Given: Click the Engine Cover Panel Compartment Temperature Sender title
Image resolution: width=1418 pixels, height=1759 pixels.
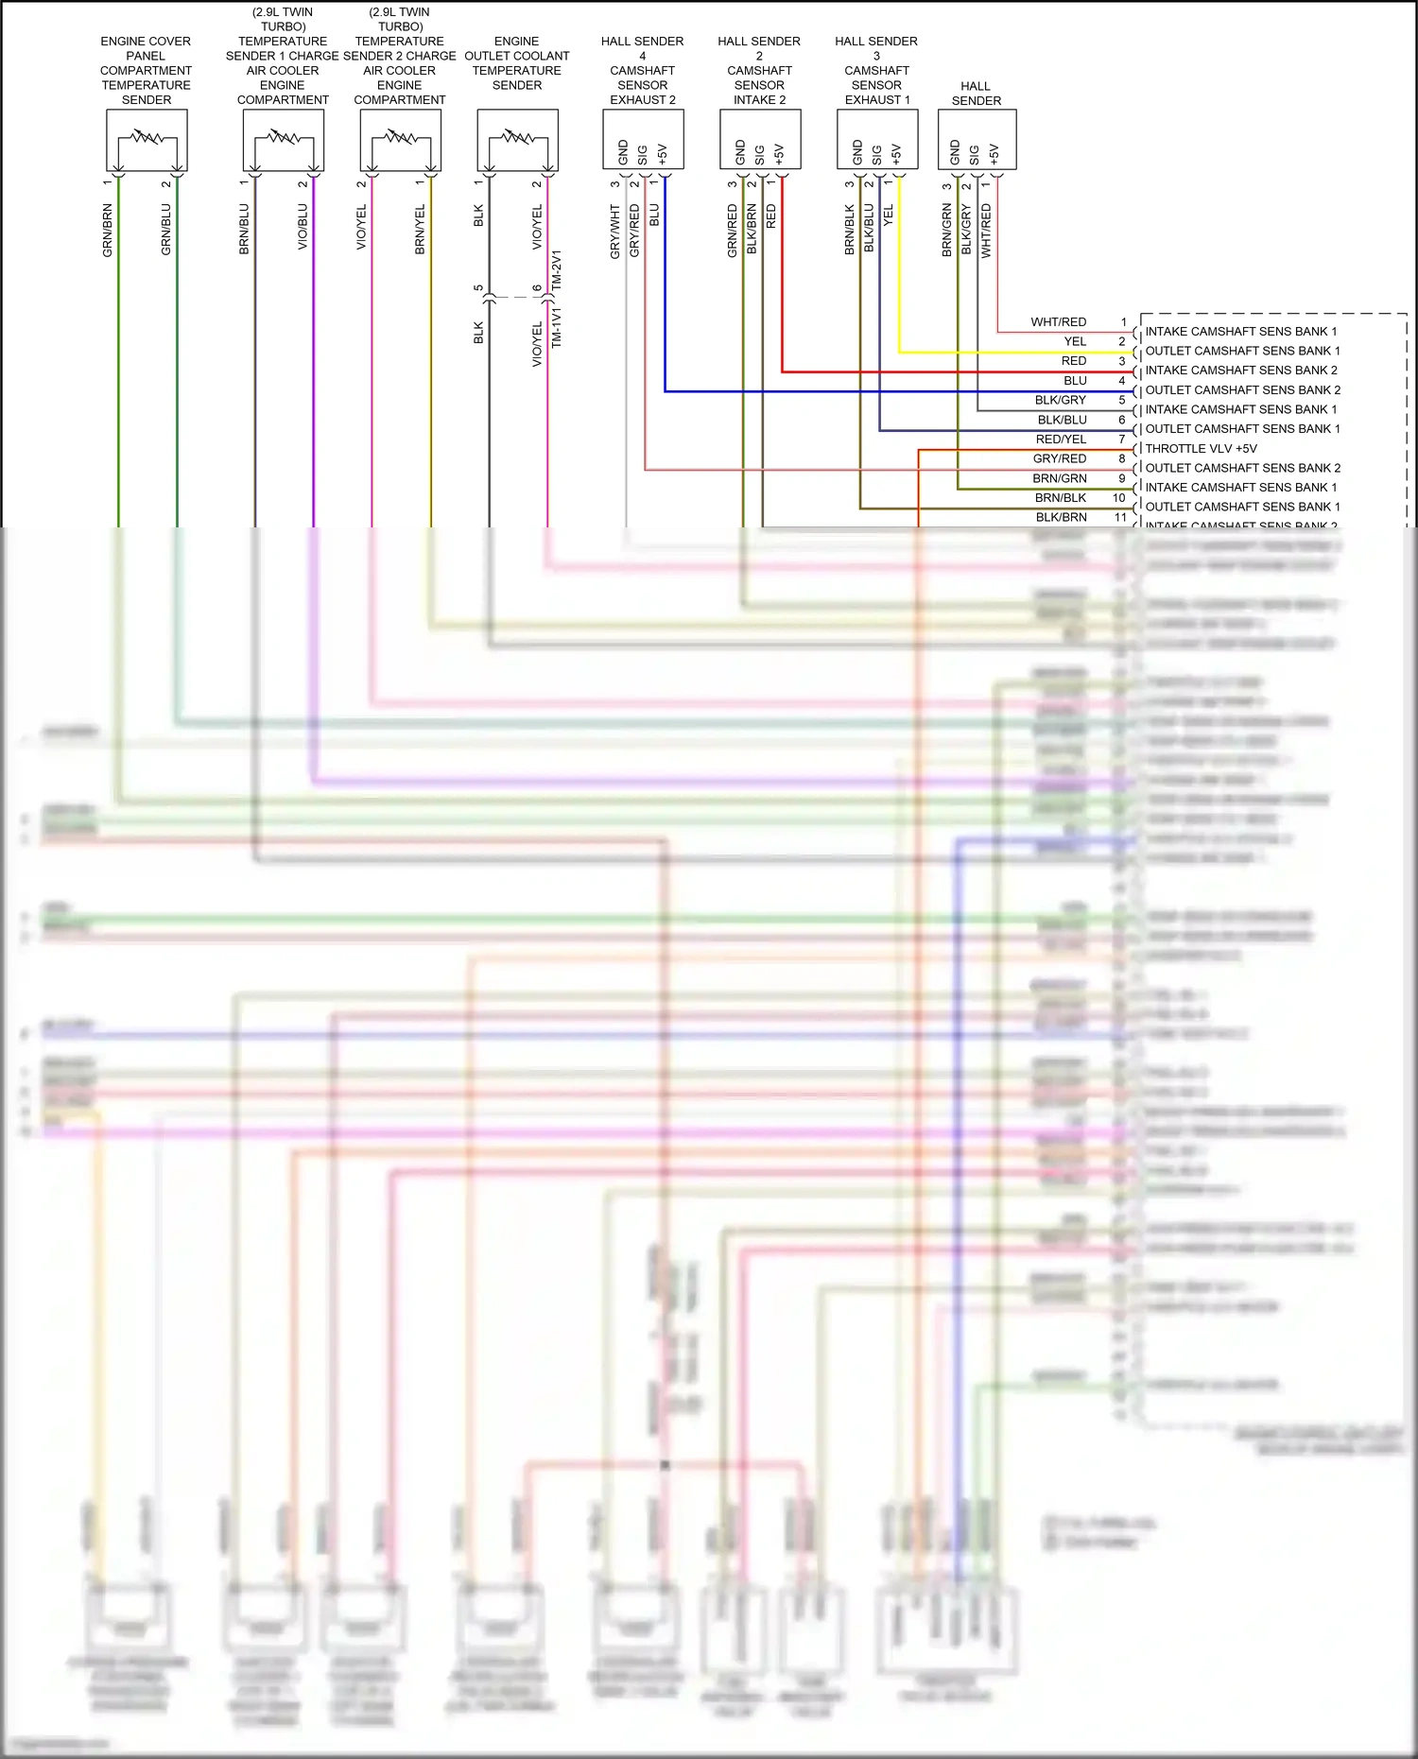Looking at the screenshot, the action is (146, 70).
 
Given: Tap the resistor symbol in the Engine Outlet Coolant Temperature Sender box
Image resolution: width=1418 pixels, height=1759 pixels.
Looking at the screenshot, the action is (517, 137).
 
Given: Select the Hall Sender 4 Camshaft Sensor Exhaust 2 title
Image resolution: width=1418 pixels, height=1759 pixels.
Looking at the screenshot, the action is (642, 70).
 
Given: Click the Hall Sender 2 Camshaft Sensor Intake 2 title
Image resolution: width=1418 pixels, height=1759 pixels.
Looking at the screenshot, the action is (759, 70).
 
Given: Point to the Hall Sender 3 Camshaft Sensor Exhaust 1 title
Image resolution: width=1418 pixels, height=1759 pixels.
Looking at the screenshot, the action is (876, 70).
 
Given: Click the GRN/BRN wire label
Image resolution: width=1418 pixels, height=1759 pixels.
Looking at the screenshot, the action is (108, 231).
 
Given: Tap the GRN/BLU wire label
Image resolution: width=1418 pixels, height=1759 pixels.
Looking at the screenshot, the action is (166, 231).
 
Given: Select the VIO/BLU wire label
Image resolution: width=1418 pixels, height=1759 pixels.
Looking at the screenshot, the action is (303, 227).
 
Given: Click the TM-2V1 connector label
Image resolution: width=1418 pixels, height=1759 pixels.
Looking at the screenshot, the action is (557, 270).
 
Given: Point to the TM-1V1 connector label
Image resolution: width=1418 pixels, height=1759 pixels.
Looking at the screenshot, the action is (557, 327).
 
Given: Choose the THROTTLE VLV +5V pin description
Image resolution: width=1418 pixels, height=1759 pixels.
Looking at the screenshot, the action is (1201, 449).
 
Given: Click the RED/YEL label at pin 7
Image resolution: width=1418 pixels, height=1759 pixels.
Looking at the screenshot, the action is (1061, 440).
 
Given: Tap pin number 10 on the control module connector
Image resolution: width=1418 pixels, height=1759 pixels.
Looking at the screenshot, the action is (1119, 498).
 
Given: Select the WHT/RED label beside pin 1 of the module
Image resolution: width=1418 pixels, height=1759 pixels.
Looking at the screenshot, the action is (1058, 322).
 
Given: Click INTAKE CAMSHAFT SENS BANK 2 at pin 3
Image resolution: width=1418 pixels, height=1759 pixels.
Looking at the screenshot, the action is (1241, 371).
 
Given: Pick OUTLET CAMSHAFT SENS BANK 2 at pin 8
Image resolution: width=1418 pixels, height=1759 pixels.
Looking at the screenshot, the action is (1242, 468).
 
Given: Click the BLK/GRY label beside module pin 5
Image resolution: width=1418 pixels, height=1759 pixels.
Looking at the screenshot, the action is (1060, 401).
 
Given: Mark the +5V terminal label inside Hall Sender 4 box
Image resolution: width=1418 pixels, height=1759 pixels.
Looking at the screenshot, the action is (663, 154).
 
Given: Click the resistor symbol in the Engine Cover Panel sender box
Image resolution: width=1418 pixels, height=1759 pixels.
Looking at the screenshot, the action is (147, 137).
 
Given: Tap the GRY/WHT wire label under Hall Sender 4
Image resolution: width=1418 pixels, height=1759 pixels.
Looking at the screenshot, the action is (615, 233).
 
